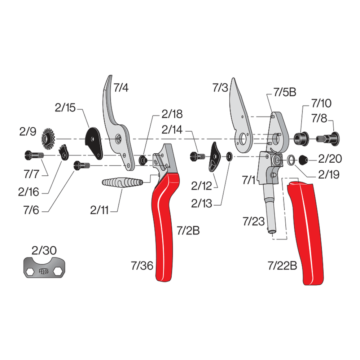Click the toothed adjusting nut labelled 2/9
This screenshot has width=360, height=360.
[48, 138]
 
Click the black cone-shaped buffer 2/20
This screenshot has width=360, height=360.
[303, 159]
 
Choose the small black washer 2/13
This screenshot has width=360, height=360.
[229, 157]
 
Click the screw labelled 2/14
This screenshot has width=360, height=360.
[197, 156]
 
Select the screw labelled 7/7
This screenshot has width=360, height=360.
[33, 155]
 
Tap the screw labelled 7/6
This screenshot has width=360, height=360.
[81, 166]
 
